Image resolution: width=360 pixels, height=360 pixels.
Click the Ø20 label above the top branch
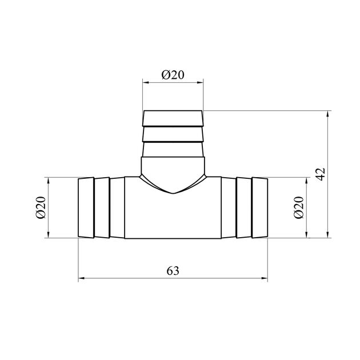173,75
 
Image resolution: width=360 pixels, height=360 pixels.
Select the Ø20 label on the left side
41,207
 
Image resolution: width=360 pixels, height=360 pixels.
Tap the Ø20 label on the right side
298,207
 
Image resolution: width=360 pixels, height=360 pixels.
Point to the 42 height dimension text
321,174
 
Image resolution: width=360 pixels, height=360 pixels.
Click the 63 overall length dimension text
173,271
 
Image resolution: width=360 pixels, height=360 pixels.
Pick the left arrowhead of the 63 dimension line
82,278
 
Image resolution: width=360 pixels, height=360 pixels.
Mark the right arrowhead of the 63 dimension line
265,278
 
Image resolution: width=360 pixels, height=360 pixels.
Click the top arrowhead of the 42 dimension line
327,114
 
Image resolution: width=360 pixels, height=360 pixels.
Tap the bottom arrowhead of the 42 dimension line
327,235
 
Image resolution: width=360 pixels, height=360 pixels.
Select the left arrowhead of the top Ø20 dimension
146,82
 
